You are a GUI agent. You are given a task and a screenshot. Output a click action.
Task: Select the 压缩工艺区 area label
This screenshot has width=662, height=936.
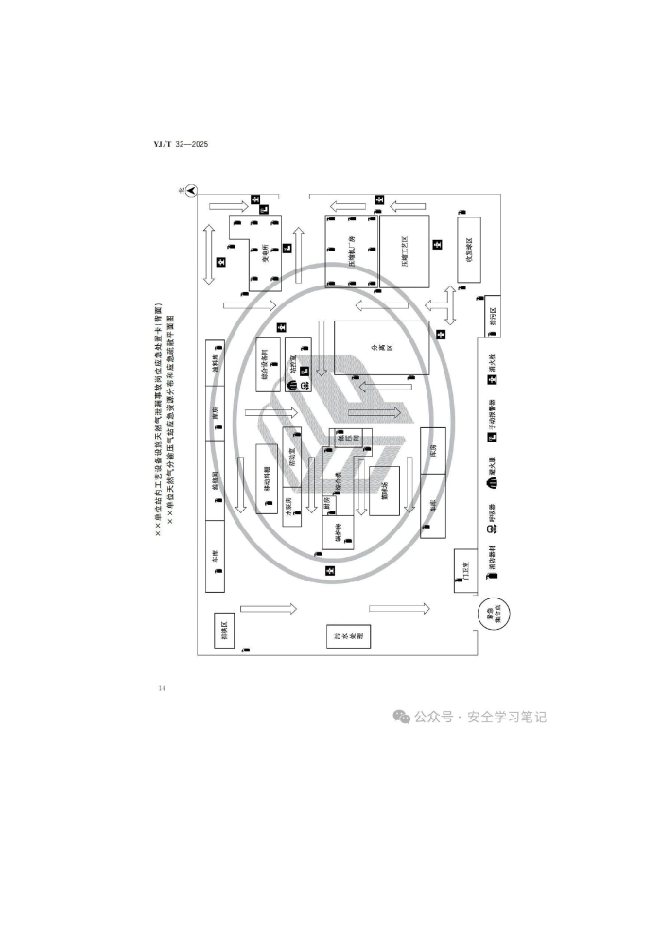pos(403,251)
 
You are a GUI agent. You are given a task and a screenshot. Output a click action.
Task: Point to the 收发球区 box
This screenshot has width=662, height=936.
pos(467,248)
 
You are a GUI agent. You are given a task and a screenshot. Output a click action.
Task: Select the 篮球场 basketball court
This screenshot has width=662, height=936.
pos(384,490)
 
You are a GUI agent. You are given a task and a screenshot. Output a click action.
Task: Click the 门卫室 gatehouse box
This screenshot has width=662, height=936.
pos(463,570)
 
